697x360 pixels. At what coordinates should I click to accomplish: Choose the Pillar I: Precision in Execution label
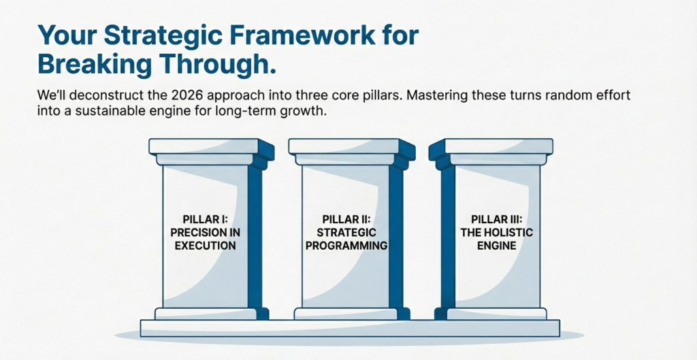click(x=205, y=232)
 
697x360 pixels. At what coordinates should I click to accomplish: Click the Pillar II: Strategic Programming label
click(x=346, y=232)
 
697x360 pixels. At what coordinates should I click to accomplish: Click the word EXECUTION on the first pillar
click(x=205, y=245)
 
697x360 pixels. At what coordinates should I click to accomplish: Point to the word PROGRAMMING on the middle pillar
click(x=346, y=245)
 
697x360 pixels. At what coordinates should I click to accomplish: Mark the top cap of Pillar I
click(x=204, y=146)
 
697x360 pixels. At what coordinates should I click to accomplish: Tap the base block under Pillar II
click(x=346, y=314)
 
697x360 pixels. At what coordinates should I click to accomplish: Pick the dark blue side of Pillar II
click(x=395, y=238)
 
